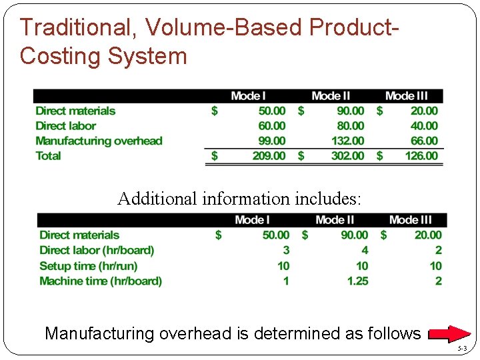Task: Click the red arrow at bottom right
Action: coord(449,333)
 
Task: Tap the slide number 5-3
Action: coord(463,349)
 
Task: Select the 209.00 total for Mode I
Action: coord(269,156)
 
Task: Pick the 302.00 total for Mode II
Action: coord(348,156)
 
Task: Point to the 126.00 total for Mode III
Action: coord(421,156)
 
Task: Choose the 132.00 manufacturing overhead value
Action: coord(348,141)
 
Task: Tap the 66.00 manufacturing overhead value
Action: coord(424,141)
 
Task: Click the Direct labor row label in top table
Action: coord(65,126)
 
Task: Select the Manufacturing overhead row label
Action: coord(99,141)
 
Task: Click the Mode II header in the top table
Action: coord(331,96)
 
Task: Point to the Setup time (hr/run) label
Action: coord(89,266)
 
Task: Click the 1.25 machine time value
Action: coord(357,281)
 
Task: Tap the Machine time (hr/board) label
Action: coord(101,281)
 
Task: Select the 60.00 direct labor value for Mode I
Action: coord(271,126)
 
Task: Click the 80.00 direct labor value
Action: coord(350,126)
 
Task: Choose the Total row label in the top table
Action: coord(48,156)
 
